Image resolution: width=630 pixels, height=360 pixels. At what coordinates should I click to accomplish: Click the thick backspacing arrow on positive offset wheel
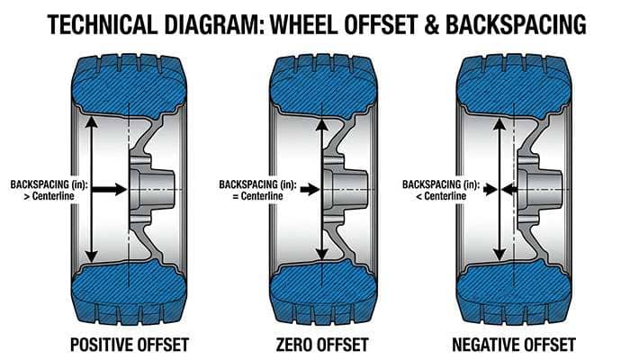coord(109,190)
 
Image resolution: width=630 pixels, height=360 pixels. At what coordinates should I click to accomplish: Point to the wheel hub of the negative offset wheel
coord(538,190)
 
